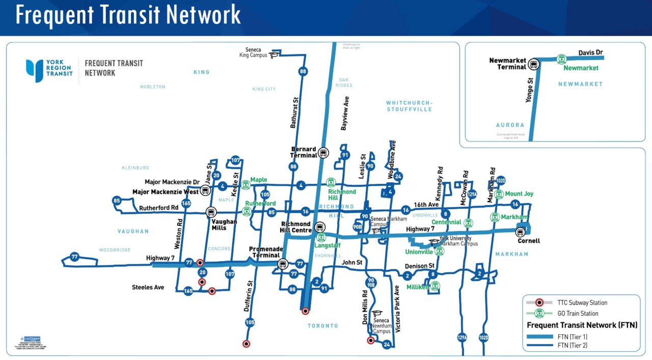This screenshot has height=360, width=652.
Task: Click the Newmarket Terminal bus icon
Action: (x=533, y=64)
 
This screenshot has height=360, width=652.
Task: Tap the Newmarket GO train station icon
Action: (x=561, y=59)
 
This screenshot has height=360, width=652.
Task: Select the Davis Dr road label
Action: (x=591, y=53)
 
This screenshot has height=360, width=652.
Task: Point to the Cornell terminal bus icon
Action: (x=520, y=232)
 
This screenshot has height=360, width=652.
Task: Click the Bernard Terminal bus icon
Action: (x=323, y=153)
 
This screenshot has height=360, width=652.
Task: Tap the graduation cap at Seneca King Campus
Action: (x=274, y=54)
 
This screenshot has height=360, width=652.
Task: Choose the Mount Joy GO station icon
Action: (x=499, y=194)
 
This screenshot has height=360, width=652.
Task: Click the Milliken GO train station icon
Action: (x=435, y=286)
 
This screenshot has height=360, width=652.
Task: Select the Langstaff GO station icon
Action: (x=321, y=237)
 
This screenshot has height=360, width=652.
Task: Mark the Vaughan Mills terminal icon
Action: (x=210, y=212)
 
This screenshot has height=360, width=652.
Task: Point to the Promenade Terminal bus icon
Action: (x=282, y=264)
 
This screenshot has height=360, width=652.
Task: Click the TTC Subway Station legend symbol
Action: (x=539, y=302)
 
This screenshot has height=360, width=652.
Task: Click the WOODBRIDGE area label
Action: (x=115, y=250)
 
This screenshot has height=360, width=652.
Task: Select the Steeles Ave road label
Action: (x=148, y=288)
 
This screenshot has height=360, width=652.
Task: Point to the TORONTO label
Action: (x=323, y=326)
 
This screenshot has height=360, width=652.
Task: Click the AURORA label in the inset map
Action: (x=510, y=125)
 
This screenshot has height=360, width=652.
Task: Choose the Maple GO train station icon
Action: (x=246, y=184)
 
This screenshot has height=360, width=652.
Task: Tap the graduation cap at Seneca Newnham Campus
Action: (x=377, y=314)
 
